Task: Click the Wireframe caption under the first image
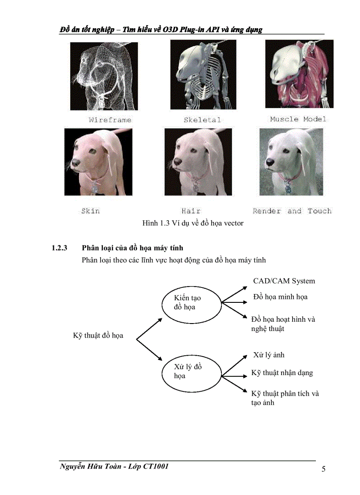[x=110, y=120]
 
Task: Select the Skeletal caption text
[x=202, y=120]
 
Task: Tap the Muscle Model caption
[x=298, y=119]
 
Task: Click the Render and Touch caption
[x=292, y=211]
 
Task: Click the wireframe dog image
[x=104, y=76]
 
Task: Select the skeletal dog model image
[x=203, y=75]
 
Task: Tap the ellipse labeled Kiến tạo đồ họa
[x=191, y=303]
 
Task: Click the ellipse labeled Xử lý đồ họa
[x=191, y=371]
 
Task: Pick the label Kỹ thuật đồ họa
[x=98, y=336]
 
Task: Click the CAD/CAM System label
[x=284, y=281]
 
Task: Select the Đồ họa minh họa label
[x=280, y=297]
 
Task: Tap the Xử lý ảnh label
[x=269, y=355]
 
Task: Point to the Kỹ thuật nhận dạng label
[x=282, y=373]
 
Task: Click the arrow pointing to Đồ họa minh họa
[x=234, y=302]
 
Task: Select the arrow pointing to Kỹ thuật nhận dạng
[x=234, y=376]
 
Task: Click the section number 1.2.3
[x=59, y=248]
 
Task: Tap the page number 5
[x=323, y=469]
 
